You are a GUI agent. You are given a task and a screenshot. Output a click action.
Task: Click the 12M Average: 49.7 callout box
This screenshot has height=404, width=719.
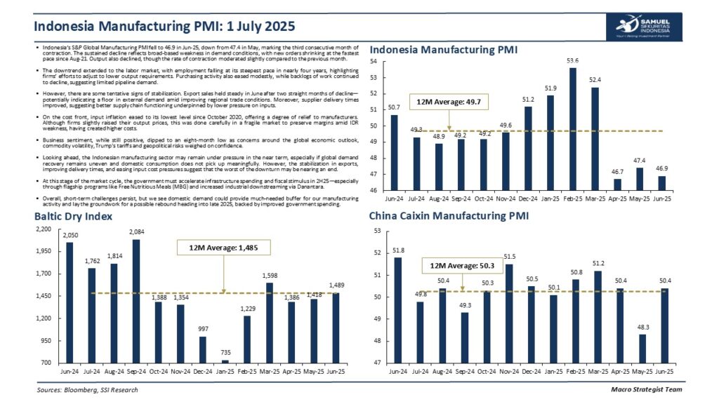[449, 102]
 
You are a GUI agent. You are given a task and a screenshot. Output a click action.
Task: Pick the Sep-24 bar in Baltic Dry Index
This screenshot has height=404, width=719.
[136, 301]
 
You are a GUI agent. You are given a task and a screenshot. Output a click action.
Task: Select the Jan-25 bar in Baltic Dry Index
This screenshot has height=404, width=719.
[225, 361]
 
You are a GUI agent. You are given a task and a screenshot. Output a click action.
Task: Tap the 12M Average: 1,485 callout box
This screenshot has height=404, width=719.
[222, 247]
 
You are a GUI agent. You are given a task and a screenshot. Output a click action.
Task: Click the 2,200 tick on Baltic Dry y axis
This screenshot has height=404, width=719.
[44, 229]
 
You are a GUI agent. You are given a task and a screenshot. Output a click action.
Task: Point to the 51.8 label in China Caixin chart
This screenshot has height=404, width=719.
[398, 250]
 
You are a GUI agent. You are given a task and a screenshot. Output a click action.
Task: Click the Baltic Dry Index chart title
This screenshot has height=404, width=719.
[74, 216]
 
